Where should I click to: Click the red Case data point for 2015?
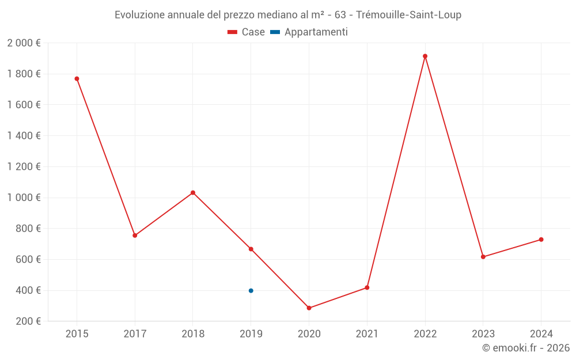point(77,79)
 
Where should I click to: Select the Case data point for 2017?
point(135,236)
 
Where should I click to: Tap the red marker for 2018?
point(193,192)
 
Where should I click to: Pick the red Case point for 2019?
point(251,249)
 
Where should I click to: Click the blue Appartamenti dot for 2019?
point(251,291)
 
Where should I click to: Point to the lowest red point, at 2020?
point(309,308)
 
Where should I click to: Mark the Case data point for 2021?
point(367,287)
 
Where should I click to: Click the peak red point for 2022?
point(425,56)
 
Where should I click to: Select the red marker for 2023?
point(483,257)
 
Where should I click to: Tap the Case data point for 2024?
point(541,240)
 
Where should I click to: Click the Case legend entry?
point(247,32)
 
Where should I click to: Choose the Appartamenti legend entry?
point(309,32)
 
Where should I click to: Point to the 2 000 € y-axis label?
point(24,43)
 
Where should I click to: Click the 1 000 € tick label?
point(24,198)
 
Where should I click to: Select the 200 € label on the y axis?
point(27,321)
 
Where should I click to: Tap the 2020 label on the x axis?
point(309,334)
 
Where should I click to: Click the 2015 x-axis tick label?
point(77,334)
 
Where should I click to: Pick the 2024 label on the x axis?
point(541,334)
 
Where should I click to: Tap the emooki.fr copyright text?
point(526,348)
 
